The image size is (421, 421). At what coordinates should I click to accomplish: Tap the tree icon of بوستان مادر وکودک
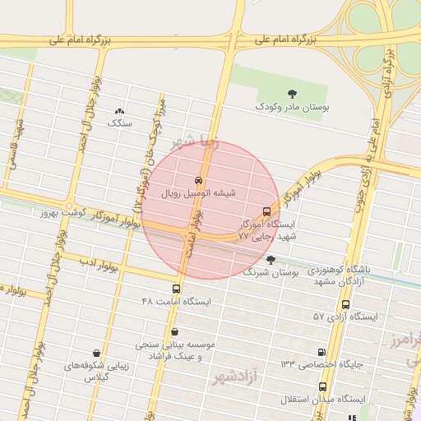[x=291, y=94]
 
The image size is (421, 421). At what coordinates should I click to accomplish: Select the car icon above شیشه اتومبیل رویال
[x=198, y=180]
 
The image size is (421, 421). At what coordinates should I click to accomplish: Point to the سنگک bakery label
[x=120, y=123]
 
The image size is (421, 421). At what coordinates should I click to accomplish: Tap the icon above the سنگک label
[x=120, y=110]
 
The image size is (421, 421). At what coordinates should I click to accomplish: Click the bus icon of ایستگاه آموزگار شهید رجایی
[x=266, y=210]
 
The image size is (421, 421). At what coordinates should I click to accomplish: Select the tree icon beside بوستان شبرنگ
[x=271, y=260]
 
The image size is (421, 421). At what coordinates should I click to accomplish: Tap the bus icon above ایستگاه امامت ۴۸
[x=176, y=289]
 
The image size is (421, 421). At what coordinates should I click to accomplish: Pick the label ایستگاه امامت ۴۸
[x=176, y=302]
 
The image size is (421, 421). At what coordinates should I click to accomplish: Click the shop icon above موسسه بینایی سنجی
[x=174, y=332]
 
